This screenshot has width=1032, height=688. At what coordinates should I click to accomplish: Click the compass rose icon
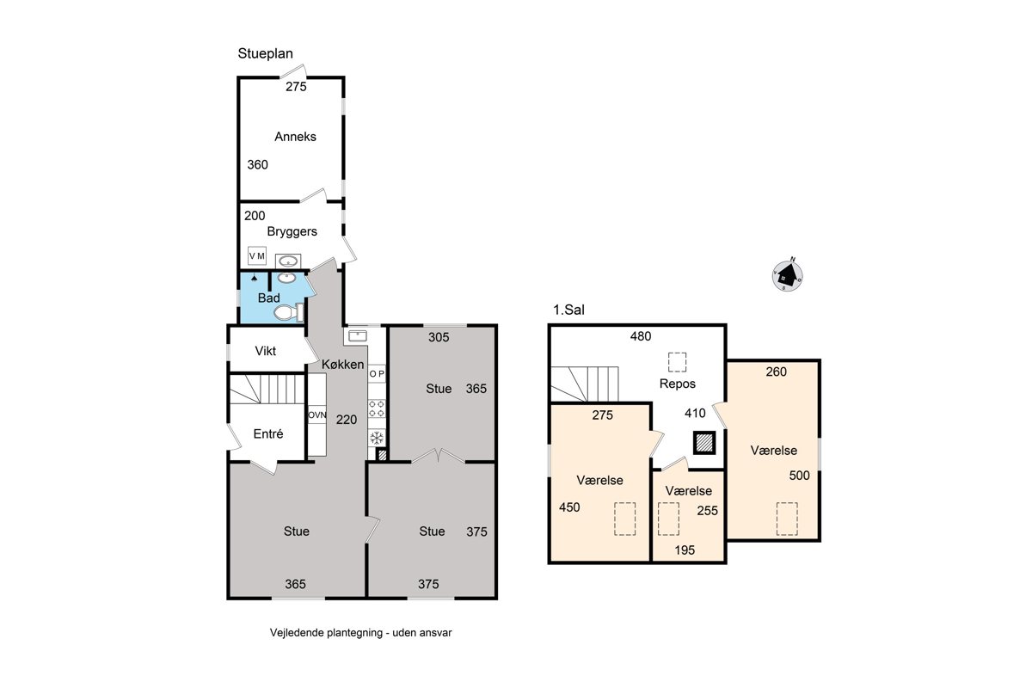point(788,275)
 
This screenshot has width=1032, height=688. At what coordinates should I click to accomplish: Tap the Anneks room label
point(295,137)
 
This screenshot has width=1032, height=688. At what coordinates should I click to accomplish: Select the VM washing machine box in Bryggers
point(257,255)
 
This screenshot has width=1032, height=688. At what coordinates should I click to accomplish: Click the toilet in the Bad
point(289,312)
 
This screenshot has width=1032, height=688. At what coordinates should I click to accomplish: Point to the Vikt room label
point(266,351)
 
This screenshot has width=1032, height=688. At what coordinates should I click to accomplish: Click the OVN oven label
point(317,415)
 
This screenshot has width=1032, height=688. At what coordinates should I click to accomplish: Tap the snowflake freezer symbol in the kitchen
point(377,438)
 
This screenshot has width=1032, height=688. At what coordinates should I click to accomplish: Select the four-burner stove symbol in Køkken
point(377,408)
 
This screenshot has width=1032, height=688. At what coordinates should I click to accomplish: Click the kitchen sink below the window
point(358,335)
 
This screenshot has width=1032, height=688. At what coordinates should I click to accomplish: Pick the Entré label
point(268,433)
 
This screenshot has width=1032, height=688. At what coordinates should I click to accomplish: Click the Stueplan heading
point(266,53)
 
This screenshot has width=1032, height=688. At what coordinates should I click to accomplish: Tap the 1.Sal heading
point(568,310)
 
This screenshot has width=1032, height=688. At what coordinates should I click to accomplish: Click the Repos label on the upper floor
point(678,384)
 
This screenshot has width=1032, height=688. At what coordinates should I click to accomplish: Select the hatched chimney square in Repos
point(704,443)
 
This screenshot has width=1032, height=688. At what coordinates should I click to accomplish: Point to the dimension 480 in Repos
point(641,336)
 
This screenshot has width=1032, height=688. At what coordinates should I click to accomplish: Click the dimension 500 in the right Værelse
point(799,476)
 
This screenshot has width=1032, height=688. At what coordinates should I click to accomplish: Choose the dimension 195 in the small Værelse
point(685,550)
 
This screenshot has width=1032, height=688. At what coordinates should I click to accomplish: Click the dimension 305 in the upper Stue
point(439,337)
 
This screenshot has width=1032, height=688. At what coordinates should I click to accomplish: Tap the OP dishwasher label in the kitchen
point(377,374)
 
